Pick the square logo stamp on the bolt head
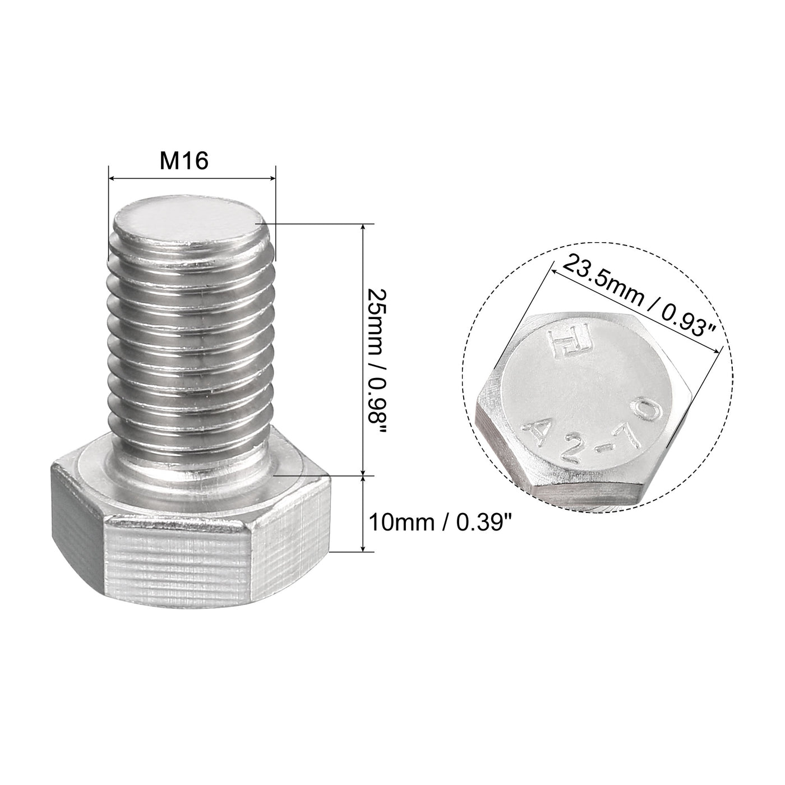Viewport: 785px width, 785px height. click(563, 343)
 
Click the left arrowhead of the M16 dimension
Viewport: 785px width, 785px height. click(111, 179)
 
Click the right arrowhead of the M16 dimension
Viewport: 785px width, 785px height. click(274, 179)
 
